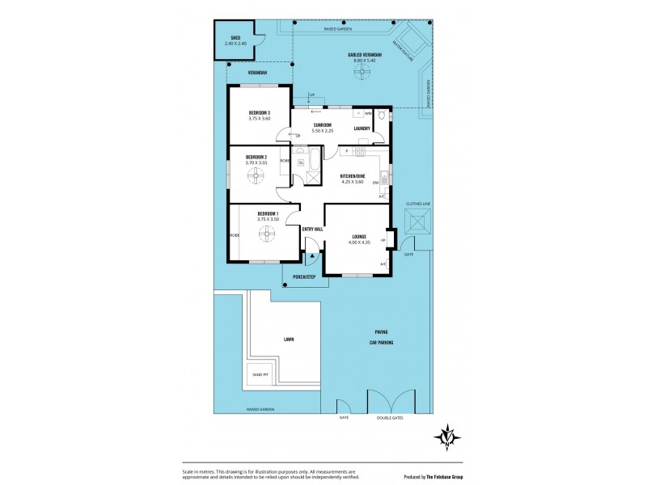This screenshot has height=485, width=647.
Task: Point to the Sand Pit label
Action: [260, 374]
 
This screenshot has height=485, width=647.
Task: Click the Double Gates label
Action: [390, 418]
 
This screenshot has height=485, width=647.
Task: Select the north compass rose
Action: [447, 436]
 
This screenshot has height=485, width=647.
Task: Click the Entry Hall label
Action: [312, 230]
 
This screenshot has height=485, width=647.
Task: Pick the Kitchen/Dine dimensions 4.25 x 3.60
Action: [353, 180]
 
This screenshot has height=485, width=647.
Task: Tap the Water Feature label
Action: [404, 50]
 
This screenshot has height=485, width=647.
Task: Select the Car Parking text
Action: [383, 342]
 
